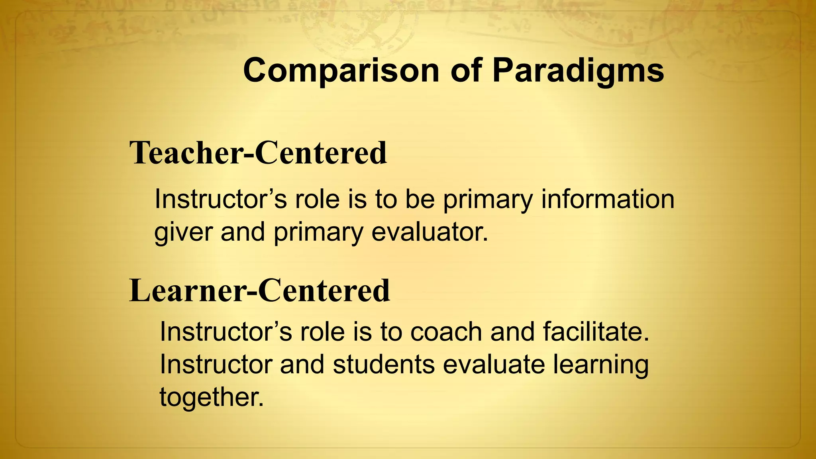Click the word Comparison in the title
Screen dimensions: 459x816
(x=341, y=71)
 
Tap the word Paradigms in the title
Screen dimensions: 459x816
(x=578, y=71)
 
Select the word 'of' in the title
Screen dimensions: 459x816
(x=465, y=71)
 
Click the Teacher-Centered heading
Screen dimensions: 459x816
(x=258, y=153)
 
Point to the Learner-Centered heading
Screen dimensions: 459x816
(x=260, y=290)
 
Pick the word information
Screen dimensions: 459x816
(x=608, y=199)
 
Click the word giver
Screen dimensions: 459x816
(x=183, y=232)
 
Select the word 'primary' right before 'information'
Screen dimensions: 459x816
(x=488, y=200)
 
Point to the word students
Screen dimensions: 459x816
(x=384, y=364)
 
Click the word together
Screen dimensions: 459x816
(x=212, y=397)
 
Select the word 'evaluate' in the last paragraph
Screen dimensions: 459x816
(x=494, y=364)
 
